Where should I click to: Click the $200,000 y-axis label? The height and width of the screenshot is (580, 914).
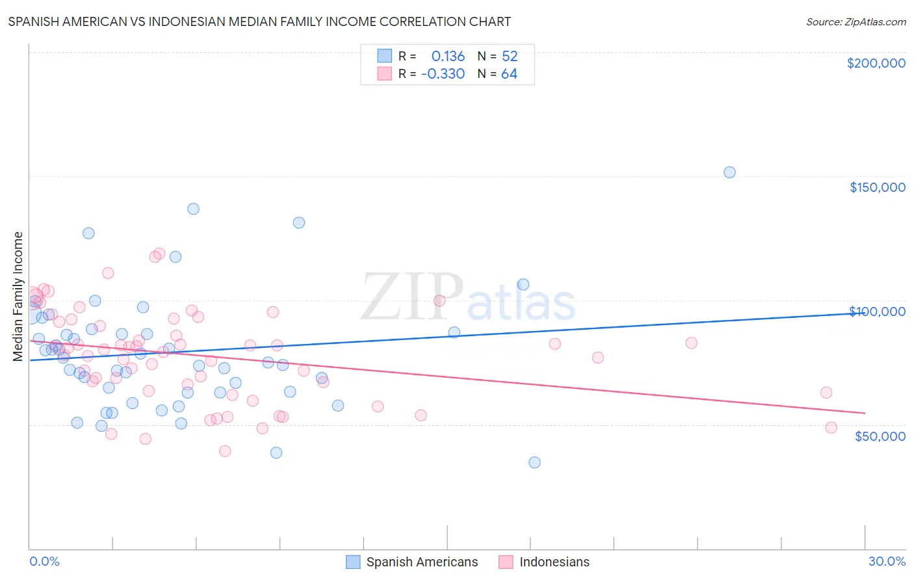(876, 63)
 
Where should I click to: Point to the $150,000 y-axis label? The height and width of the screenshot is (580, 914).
(877, 187)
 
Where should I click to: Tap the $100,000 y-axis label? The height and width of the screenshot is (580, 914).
(877, 311)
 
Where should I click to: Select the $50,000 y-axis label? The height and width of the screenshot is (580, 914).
(880, 436)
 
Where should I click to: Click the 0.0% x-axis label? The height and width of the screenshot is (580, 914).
(44, 561)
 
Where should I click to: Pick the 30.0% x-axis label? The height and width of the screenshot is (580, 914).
(887, 561)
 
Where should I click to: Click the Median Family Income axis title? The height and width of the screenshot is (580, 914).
(18, 296)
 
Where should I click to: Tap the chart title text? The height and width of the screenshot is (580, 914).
(259, 21)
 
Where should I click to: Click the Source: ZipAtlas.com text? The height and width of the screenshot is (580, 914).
(855, 21)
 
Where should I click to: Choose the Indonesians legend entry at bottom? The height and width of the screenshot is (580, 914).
(544, 562)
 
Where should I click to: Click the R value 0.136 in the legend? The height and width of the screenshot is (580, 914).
(448, 56)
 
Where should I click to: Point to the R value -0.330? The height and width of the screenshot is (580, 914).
(443, 73)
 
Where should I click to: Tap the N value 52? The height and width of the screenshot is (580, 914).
(510, 56)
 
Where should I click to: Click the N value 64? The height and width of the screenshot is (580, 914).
(509, 73)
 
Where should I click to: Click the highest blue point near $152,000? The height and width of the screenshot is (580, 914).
(729, 172)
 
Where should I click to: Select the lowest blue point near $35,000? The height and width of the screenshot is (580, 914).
(534, 462)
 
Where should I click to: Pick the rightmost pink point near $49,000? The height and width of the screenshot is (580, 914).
(831, 427)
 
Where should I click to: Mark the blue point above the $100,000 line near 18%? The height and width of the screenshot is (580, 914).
(523, 284)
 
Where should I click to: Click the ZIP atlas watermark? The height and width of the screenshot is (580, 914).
(468, 297)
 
